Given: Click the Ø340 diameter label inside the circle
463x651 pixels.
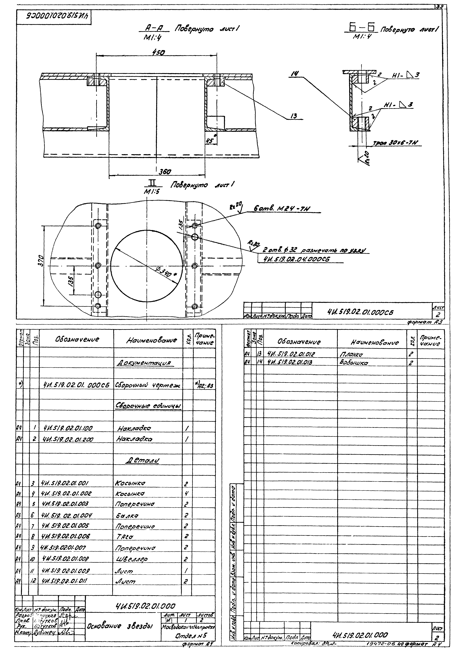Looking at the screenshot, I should coord(167,273).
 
